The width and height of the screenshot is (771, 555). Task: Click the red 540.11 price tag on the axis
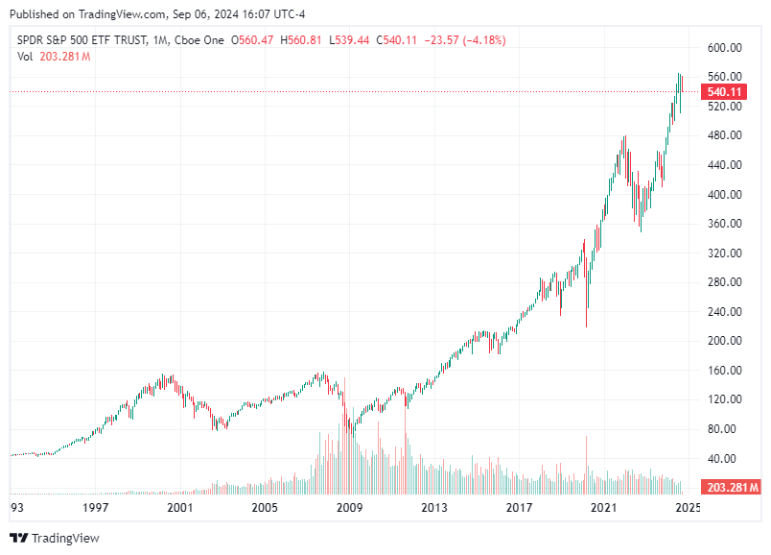click(725, 92)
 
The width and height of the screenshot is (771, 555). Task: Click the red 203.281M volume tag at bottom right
click(731, 488)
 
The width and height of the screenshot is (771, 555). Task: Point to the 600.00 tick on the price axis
click(725, 48)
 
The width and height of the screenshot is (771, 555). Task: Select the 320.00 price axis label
click(725, 253)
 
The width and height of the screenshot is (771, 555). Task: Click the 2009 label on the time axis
click(349, 507)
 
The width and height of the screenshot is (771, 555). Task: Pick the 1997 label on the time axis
click(94, 507)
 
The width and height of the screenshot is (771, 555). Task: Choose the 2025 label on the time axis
click(688, 507)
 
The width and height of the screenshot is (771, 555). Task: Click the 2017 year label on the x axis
click(519, 507)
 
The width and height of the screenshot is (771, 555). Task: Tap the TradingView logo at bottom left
click(55, 538)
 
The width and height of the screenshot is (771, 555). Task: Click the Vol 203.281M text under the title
click(54, 57)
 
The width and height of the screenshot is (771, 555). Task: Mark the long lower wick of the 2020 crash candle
click(586, 307)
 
